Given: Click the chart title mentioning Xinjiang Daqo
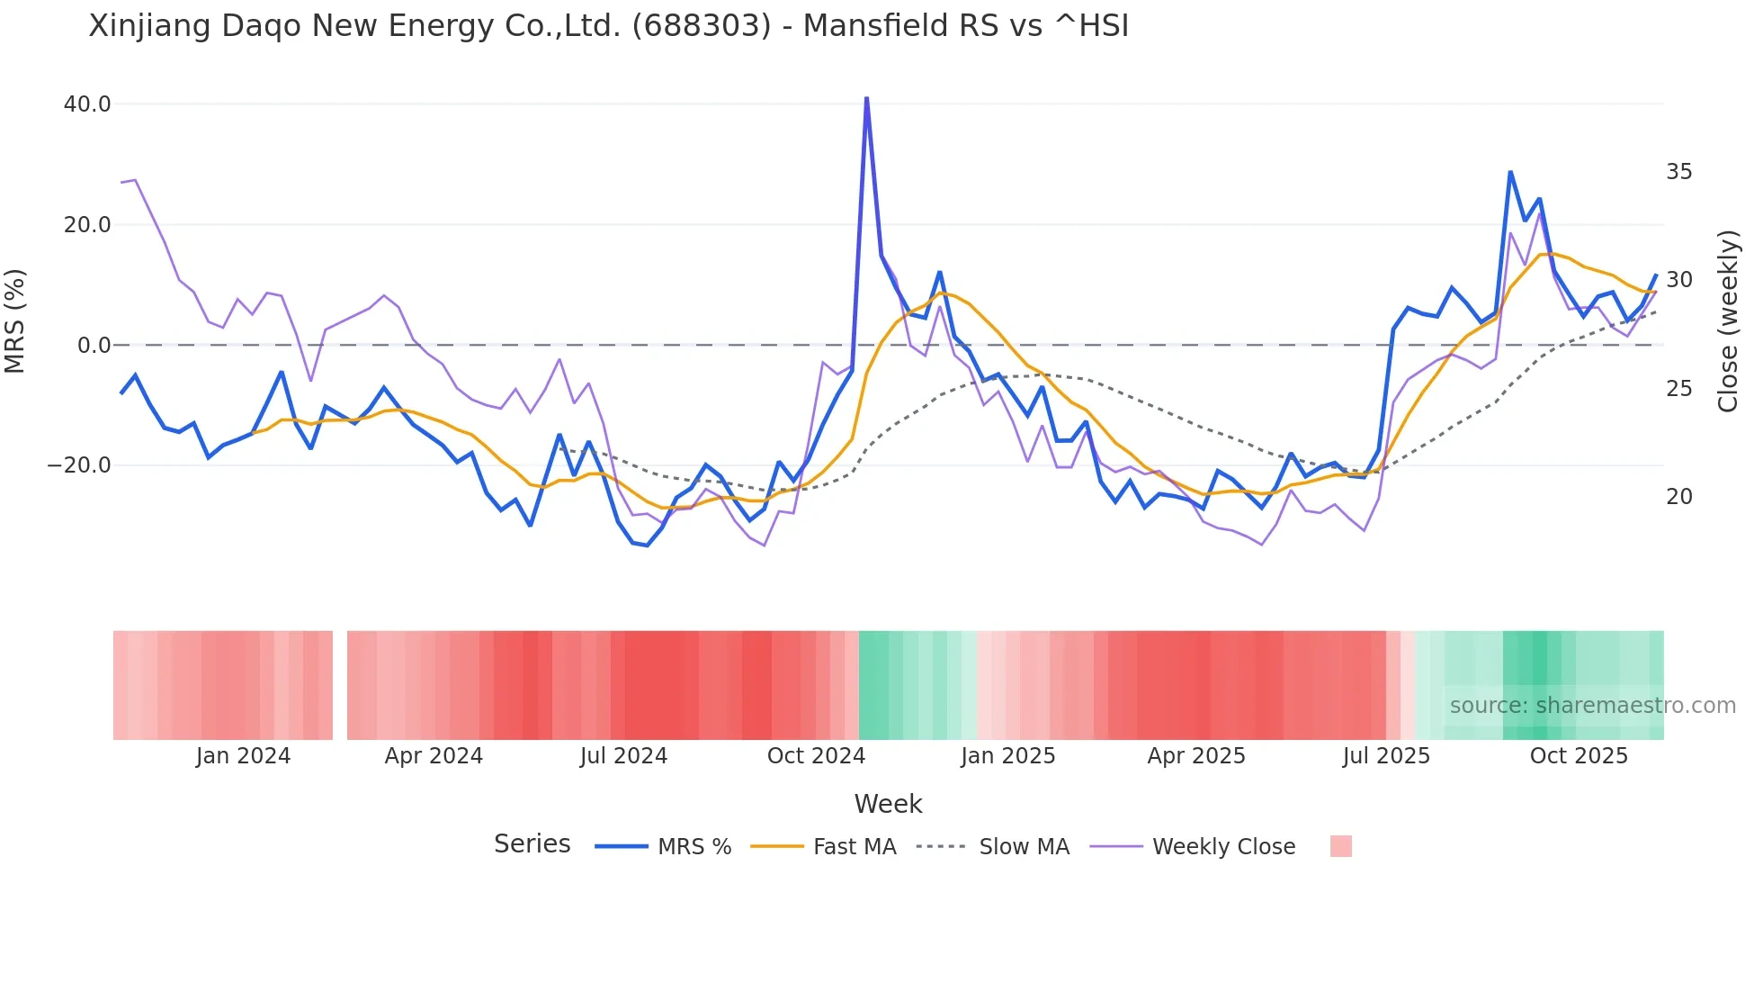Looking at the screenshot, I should [608, 26].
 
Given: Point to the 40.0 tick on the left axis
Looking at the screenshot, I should [87, 104].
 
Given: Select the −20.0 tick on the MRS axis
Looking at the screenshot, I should [80, 465].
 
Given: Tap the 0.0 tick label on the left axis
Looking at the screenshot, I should [94, 345].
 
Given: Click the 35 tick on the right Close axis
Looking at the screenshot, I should [1678, 171].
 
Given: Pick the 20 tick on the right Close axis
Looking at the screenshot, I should [1678, 497].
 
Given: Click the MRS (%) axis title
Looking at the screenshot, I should [15, 320].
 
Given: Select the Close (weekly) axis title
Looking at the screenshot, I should [1727, 321].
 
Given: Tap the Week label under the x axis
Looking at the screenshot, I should [888, 804].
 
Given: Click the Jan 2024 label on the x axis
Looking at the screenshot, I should [243, 756].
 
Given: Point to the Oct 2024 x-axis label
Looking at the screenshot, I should [816, 756].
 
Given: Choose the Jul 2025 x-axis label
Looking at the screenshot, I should [1386, 756].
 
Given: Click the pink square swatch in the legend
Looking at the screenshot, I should [1340, 846].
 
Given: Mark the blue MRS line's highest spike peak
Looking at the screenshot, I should [866, 98].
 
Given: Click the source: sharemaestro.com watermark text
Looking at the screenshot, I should [1592, 706].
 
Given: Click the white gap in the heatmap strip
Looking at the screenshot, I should [340, 685].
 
